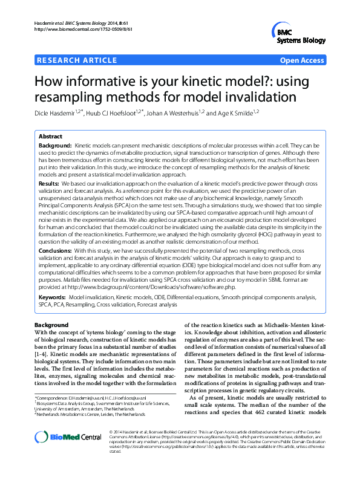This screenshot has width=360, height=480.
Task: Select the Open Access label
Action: click(x=303, y=61)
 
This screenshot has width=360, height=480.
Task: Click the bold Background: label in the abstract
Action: click(x=55, y=147)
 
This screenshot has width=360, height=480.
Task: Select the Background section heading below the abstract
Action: click(x=52, y=325)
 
